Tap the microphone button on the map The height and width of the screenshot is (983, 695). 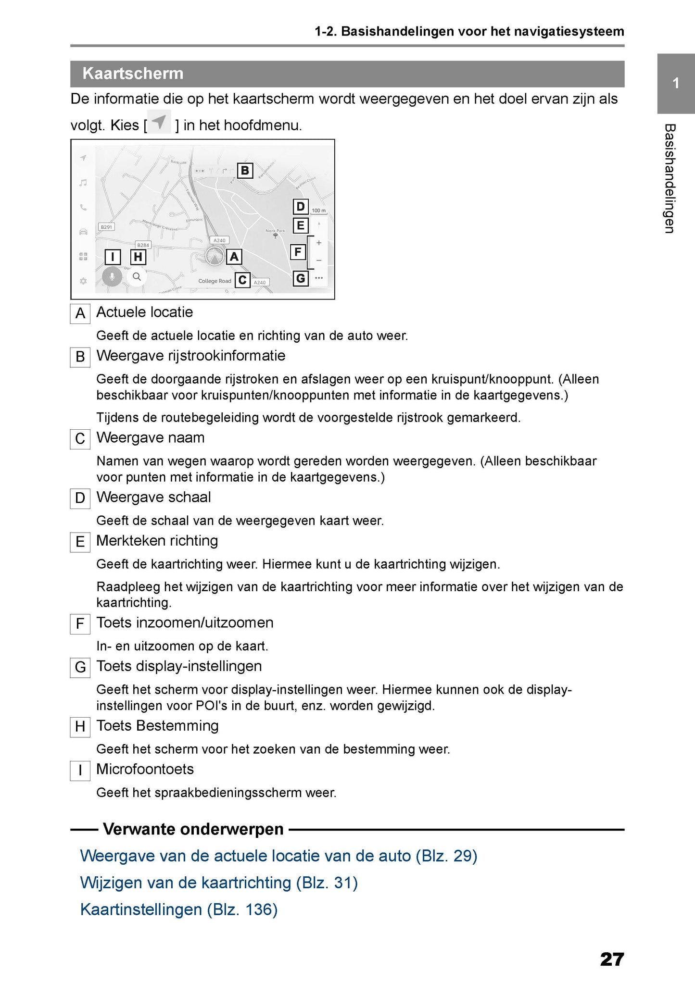(x=112, y=277)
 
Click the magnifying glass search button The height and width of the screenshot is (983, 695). (x=137, y=277)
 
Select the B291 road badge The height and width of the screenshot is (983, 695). (x=106, y=227)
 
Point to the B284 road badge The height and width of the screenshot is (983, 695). (x=143, y=245)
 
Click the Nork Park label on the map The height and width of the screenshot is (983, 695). (x=275, y=231)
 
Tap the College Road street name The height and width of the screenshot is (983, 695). (x=215, y=281)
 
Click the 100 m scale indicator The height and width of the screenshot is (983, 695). (x=318, y=211)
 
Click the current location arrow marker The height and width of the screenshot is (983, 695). (x=215, y=258)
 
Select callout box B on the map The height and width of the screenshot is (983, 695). (x=245, y=170)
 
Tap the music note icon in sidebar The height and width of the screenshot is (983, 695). (x=83, y=183)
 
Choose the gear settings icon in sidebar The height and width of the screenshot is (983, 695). (x=83, y=281)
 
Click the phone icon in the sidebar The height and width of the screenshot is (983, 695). (x=83, y=208)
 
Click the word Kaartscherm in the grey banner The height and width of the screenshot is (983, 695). (x=133, y=74)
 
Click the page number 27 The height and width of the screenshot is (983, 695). (x=612, y=959)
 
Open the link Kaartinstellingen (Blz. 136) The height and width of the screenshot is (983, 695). (x=179, y=909)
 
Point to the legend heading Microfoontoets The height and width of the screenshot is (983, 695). (x=145, y=769)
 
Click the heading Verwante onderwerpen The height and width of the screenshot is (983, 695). (x=193, y=829)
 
